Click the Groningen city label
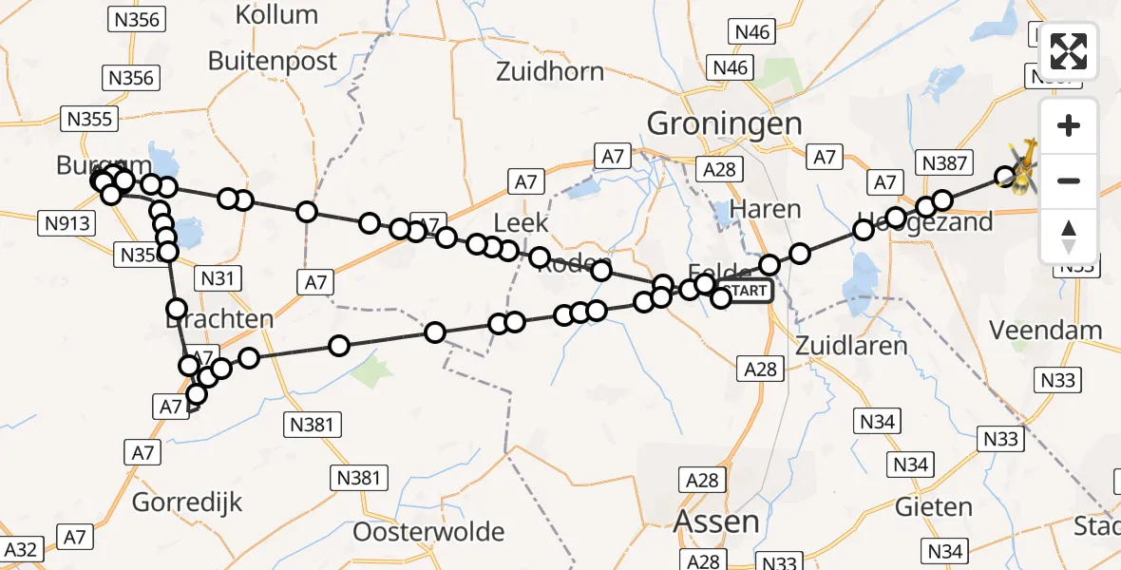724,123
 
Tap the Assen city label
716,522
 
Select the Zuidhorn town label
550,71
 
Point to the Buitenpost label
273,61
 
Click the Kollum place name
276,14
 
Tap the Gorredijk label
187,502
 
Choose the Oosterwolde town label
428,532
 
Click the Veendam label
1046,331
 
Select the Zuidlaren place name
839,345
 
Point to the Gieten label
934,506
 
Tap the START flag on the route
746,291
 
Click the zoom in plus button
1069,126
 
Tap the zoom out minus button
1069,180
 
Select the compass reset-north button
1069,236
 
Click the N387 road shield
943,163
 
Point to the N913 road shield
66,223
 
